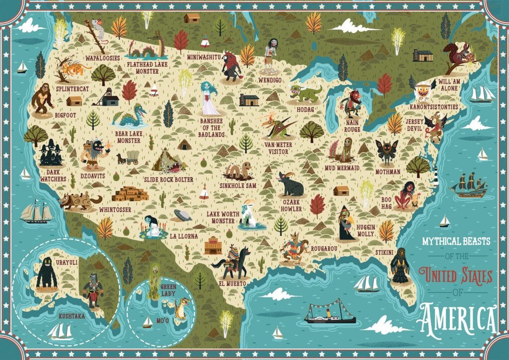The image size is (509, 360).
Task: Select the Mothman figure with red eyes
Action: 386,151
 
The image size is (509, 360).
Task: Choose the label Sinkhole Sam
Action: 237,185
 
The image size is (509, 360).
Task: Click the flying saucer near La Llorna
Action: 182,215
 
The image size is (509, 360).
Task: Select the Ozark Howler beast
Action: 291,184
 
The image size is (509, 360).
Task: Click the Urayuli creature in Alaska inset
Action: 46,273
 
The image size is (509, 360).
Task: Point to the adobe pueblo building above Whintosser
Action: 130,193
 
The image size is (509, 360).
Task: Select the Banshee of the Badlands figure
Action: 209,98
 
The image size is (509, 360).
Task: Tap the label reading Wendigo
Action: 270,80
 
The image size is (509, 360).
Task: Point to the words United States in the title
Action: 455,274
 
